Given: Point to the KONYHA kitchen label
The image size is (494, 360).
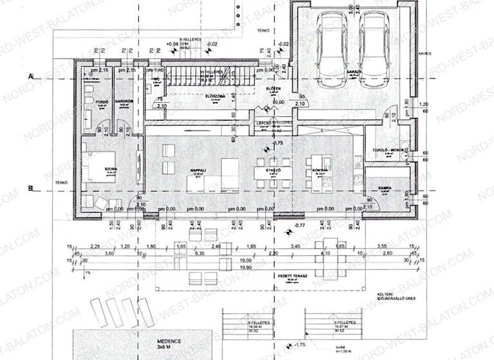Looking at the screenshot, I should click(x=320, y=170).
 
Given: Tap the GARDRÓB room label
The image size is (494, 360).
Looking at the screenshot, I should click(x=123, y=102).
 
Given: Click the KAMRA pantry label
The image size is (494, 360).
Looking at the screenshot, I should click(x=385, y=188).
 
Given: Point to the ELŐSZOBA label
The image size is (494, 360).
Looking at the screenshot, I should click(x=214, y=96).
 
